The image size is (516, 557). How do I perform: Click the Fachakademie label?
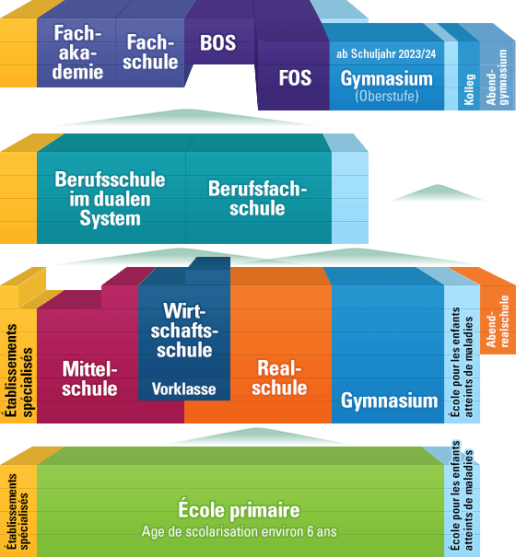(78, 52)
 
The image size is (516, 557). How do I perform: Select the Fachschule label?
(150, 52)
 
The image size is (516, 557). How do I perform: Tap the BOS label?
(217, 42)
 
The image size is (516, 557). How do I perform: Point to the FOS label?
(295, 77)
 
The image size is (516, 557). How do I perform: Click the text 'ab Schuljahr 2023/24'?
(386, 54)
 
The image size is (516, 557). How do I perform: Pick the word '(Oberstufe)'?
(387, 96)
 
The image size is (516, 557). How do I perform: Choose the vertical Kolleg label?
(469, 89)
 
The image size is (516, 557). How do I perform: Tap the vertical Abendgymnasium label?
(497, 77)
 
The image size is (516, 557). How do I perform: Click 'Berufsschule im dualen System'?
(110, 199)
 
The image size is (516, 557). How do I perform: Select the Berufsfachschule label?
(257, 198)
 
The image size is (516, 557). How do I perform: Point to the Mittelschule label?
(89, 378)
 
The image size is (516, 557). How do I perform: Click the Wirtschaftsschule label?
(184, 331)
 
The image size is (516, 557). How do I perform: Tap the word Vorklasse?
(183, 389)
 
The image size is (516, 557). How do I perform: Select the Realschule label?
(279, 377)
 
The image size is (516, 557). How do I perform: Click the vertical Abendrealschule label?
(498, 321)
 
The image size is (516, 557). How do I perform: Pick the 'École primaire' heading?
(239, 509)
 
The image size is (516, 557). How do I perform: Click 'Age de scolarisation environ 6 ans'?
(239, 532)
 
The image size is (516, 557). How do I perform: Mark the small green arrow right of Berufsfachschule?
(438, 194)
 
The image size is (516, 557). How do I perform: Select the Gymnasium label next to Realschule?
(390, 401)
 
